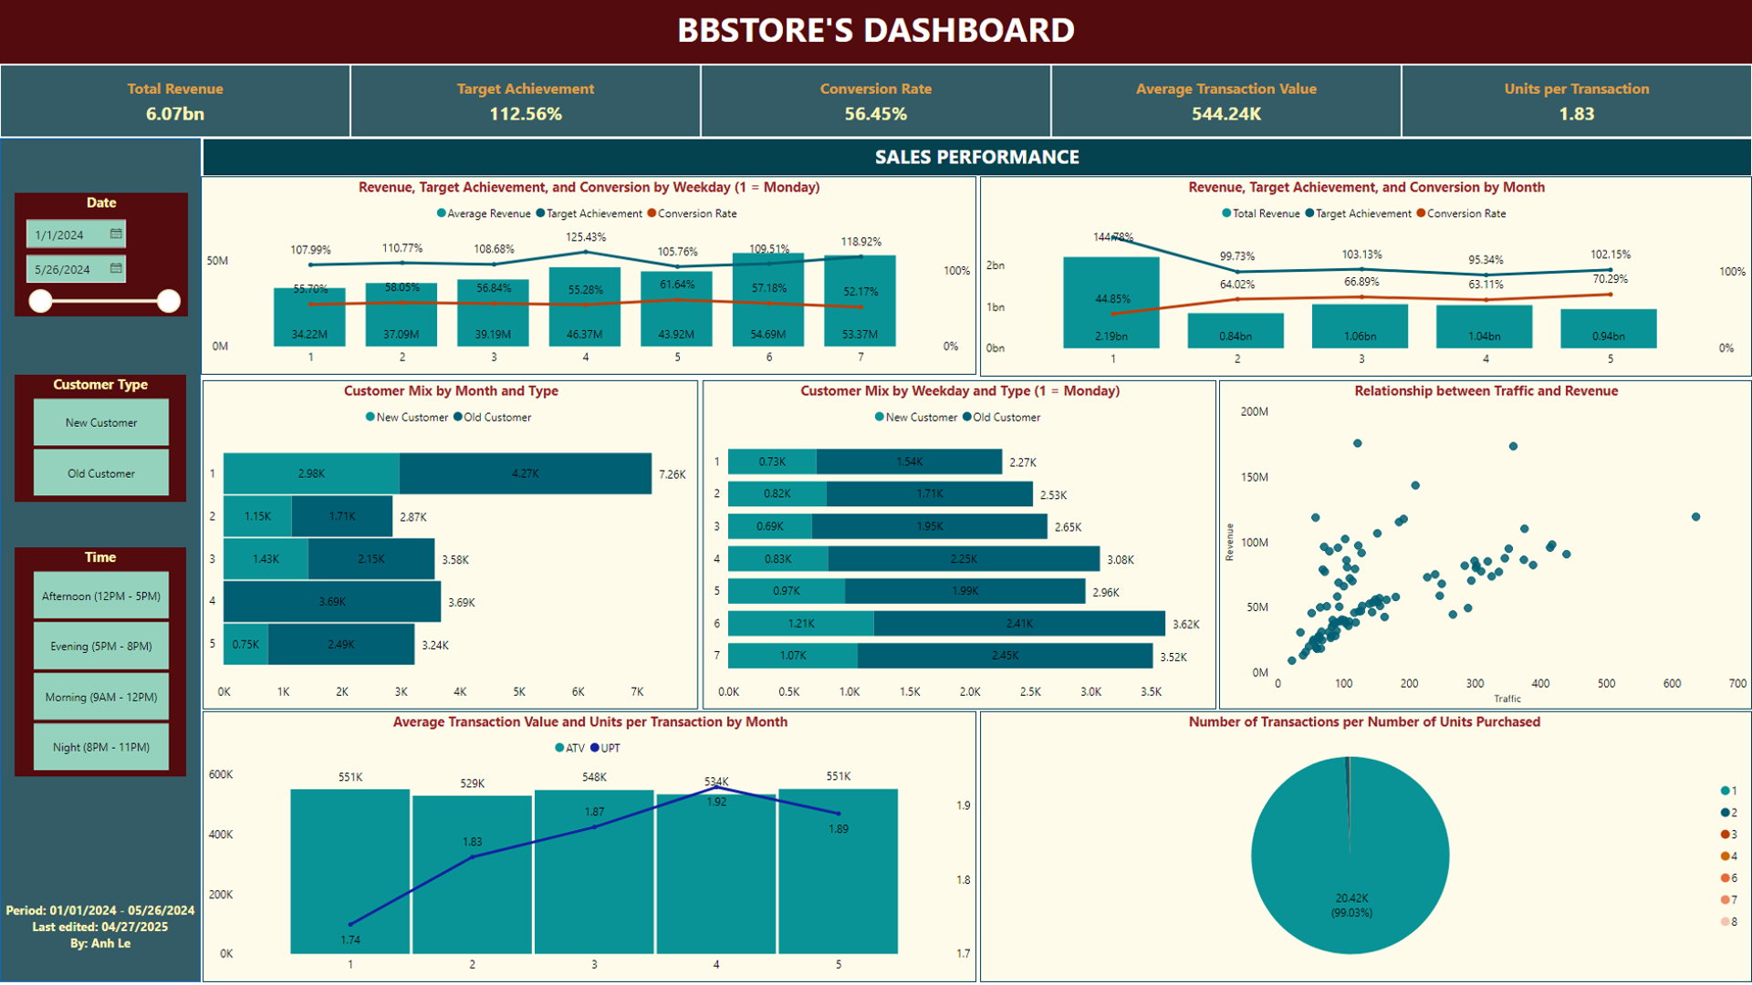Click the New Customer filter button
coord(100,422)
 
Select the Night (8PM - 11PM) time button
coord(100,747)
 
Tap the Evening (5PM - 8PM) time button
coord(100,646)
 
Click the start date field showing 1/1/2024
coord(68,234)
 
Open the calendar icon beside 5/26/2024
coord(116,268)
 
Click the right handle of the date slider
coord(169,301)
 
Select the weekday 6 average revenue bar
coord(768,301)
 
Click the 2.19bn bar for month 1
coord(1111,306)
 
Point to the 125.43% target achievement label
coord(586,237)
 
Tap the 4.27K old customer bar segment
coord(526,473)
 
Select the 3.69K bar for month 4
coord(332,602)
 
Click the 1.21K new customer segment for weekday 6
coord(801,624)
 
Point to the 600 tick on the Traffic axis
coord(1672,683)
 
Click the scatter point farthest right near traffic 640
coord(1695,517)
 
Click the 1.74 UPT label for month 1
coord(350,939)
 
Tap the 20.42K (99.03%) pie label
coord(1351,905)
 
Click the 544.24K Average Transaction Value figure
coord(1225,114)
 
